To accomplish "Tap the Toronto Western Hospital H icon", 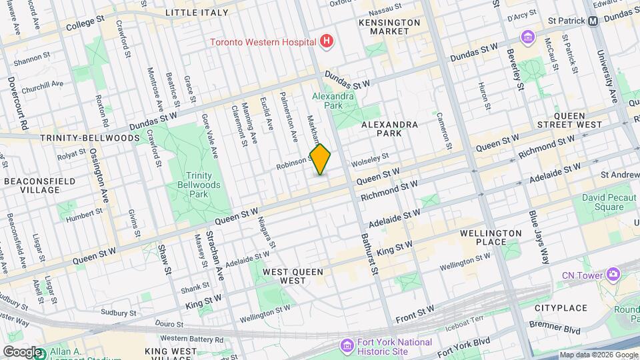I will point(326,42).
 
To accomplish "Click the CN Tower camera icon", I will point(613,275).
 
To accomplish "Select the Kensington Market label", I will point(389,27).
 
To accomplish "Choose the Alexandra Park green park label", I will point(333,101).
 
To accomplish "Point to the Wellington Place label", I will point(491,237).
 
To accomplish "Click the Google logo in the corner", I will point(22,352).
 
